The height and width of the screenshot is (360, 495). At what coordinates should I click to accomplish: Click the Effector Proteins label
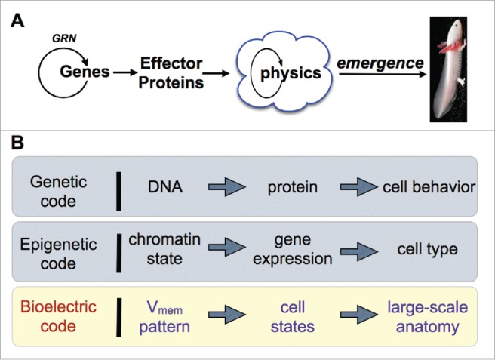point(164,73)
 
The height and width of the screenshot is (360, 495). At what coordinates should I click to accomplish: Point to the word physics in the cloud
point(291,74)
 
